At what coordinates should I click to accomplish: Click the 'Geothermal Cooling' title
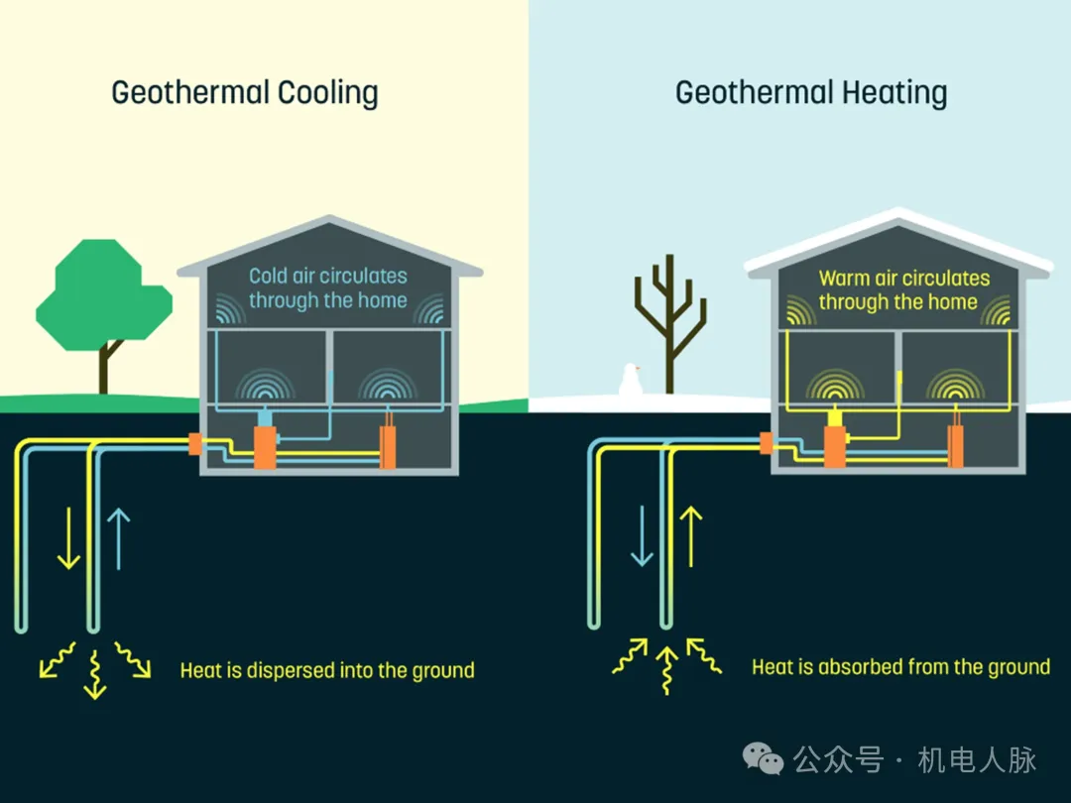click(245, 93)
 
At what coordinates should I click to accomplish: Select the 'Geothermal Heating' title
click(811, 93)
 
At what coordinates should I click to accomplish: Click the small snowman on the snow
click(629, 381)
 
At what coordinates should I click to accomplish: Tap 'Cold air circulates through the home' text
click(327, 287)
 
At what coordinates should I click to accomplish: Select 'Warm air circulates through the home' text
click(903, 289)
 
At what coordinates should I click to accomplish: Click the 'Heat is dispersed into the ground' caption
click(327, 671)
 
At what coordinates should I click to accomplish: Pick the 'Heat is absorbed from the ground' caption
click(900, 667)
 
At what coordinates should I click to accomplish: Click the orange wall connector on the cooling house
click(194, 443)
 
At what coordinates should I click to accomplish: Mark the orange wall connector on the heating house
click(767, 443)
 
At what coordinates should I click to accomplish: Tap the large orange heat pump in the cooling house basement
click(265, 448)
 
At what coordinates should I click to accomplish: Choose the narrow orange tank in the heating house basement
click(956, 446)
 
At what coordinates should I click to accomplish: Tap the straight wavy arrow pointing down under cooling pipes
click(94, 674)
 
